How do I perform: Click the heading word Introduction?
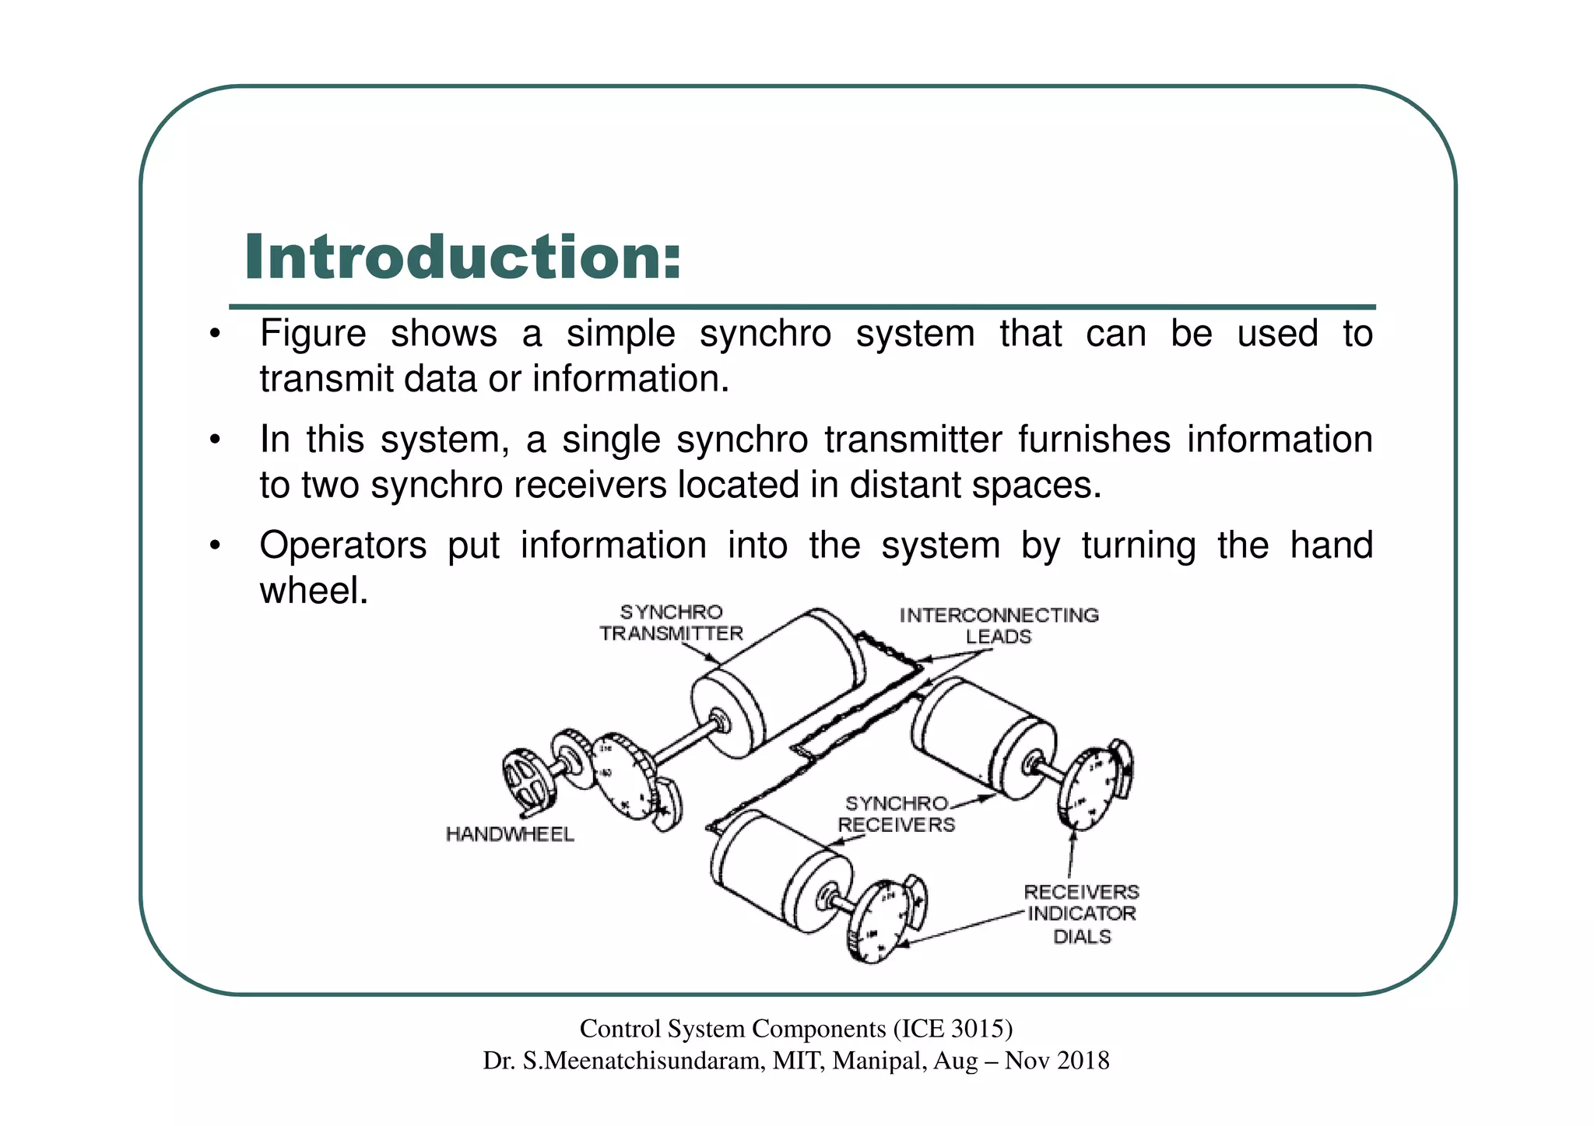point(462,258)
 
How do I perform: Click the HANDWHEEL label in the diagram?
point(510,835)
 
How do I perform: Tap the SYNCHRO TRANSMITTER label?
point(671,623)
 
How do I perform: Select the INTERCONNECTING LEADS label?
point(999,626)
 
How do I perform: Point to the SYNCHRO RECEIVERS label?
point(897,814)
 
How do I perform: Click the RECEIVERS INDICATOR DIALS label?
point(1081,914)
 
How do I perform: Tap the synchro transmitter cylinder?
point(778,685)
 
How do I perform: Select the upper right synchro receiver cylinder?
point(985,735)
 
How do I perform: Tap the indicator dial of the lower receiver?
point(880,922)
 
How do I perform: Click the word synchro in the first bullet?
point(765,335)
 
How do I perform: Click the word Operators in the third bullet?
point(342,545)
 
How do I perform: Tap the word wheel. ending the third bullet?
point(313,591)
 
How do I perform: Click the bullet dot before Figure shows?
point(215,336)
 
